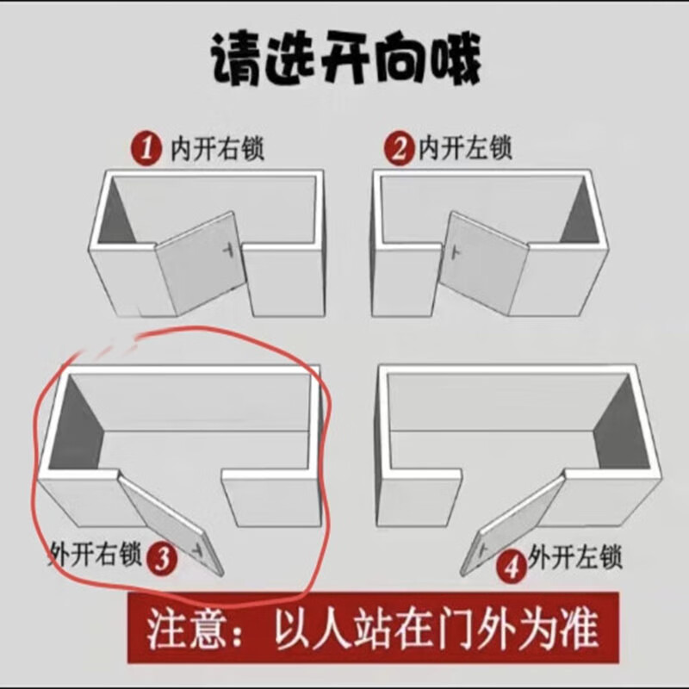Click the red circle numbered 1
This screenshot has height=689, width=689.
pyautogui.click(x=146, y=148)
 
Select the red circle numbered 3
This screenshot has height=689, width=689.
pyautogui.click(x=162, y=558)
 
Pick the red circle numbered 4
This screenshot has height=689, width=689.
pyautogui.click(x=512, y=568)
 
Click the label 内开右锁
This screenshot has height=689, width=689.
pyautogui.click(x=217, y=148)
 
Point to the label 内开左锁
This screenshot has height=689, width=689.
pyautogui.click(x=465, y=147)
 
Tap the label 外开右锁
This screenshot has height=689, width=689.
pyautogui.click(x=95, y=554)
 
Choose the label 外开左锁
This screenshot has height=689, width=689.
pyautogui.click(x=575, y=557)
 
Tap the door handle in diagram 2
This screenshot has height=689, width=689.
pyautogui.click(x=456, y=252)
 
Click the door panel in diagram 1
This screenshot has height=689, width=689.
pyautogui.click(x=200, y=264)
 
